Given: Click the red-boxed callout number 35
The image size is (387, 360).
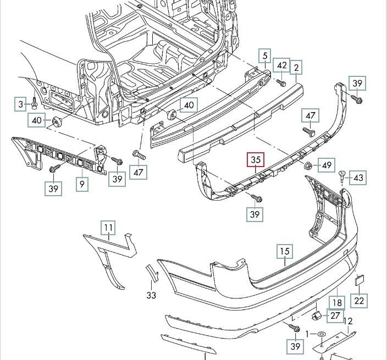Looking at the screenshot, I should point(256,160).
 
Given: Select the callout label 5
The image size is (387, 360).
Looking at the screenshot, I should point(264,56).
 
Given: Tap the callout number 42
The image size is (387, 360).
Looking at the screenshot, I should point(281,65).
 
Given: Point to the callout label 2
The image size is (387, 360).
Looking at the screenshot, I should point(297,68).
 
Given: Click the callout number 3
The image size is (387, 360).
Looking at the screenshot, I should point(21,104).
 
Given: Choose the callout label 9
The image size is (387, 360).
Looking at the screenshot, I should point(81,184).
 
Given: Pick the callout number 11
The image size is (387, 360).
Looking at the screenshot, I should point(108,227).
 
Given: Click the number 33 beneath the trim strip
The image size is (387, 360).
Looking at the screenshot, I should point(152,295).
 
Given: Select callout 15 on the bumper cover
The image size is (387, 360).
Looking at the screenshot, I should point(283,252).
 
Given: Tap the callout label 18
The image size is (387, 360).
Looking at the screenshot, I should point(336,302).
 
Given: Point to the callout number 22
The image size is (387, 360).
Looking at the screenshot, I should point(359,301).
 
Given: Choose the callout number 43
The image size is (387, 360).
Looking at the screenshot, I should point(358,178).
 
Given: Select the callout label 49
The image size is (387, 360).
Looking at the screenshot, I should point(327,165).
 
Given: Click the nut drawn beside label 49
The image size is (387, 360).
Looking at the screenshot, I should point(308,165).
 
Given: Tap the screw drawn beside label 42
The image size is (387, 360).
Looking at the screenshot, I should point(280,83).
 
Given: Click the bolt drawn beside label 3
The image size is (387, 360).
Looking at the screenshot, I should point(34,103).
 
